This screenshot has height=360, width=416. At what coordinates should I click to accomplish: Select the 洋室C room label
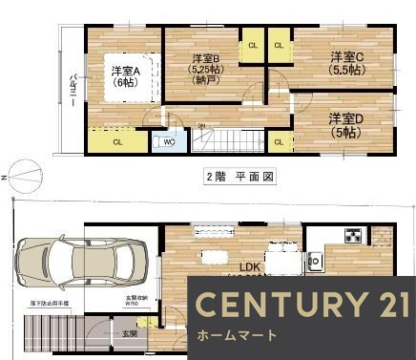pos(346,55)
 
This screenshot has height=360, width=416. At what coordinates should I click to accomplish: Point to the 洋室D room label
pos(346,117)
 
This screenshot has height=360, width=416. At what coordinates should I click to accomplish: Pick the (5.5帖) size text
pos(346,69)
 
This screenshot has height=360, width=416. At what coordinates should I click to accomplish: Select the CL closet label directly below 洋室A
pos(117,142)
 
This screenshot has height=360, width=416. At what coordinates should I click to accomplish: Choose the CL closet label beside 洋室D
pos(278,142)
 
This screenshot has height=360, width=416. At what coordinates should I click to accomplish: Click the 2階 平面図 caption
pos(240,177)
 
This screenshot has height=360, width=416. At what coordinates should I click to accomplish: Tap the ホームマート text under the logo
pos(238,335)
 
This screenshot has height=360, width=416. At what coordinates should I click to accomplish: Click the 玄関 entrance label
pos(129,333)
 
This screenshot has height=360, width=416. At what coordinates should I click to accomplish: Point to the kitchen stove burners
pos(352,235)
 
